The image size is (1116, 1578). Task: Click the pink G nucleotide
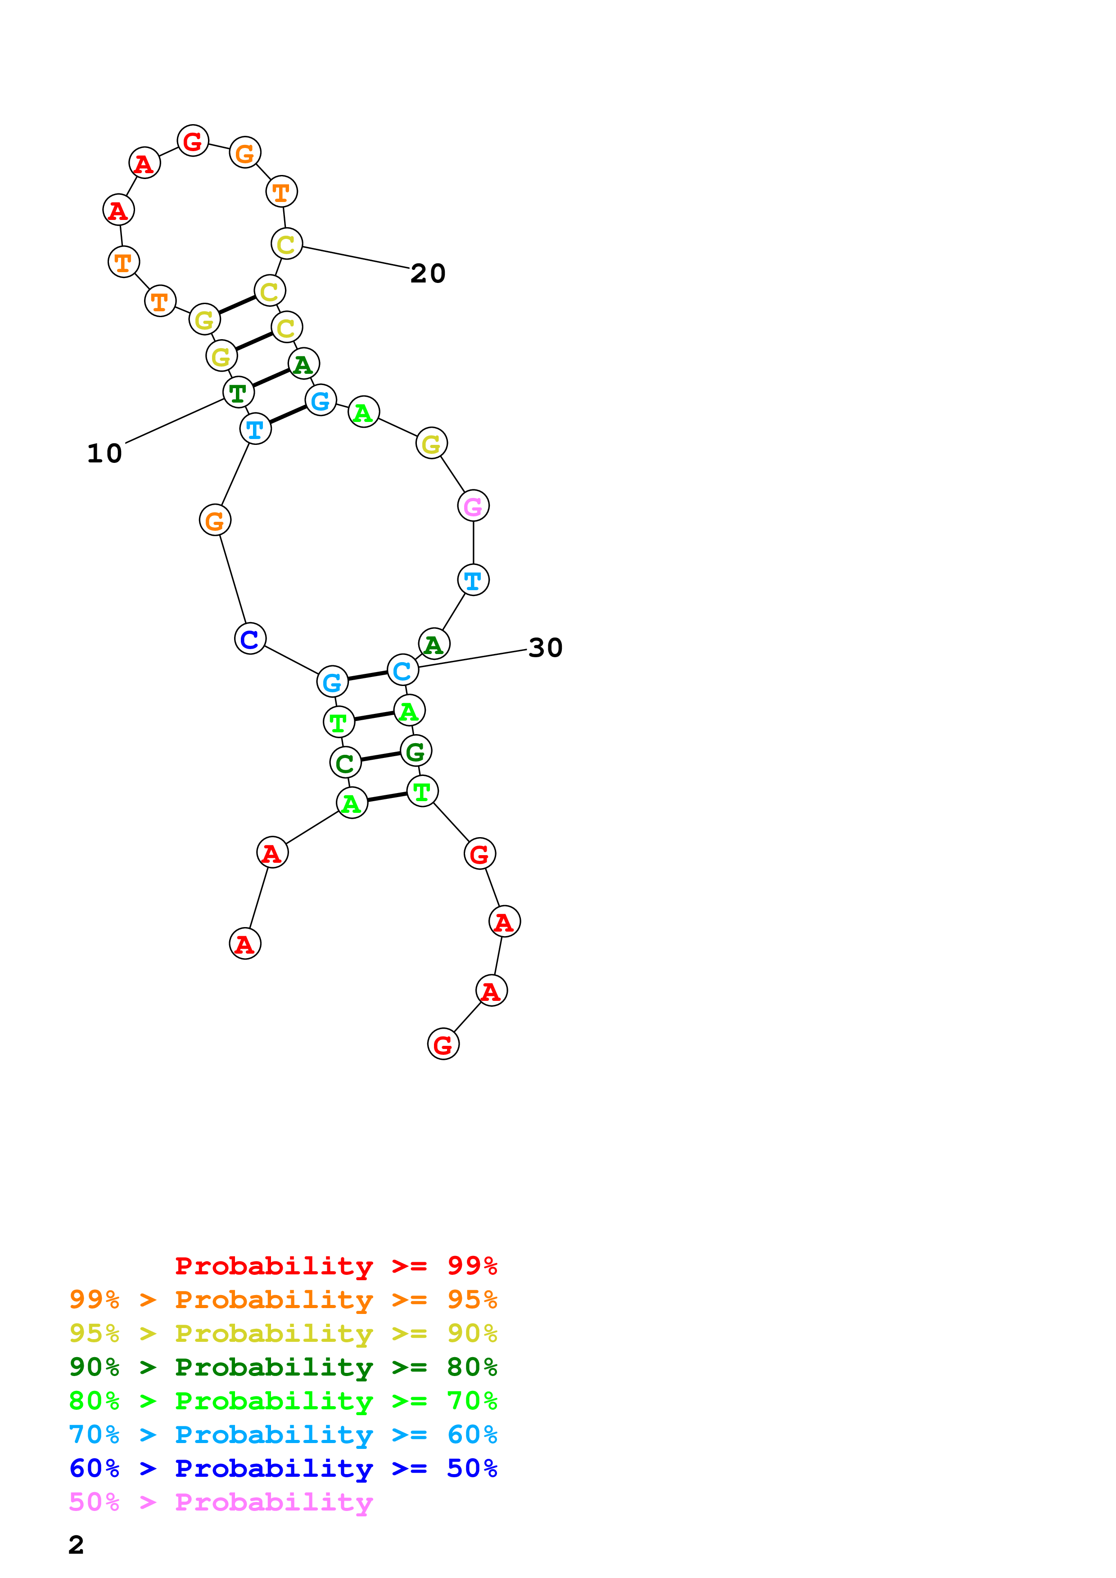(473, 506)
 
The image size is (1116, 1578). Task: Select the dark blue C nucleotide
(250, 638)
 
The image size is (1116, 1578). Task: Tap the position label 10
(104, 453)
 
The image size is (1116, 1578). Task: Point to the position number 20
(428, 273)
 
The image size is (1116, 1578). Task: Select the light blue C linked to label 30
(403, 670)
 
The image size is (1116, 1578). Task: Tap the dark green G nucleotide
(416, 751)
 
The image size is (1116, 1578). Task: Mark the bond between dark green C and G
(380, 757)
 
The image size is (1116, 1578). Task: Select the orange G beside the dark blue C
(215, 520)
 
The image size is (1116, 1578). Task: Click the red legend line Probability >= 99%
(335, 1265)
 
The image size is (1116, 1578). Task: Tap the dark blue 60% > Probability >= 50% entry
(283, 1468)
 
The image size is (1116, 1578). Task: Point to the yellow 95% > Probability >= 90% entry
(283, 1333)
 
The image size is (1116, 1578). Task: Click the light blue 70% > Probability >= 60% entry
(283, 1435)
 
